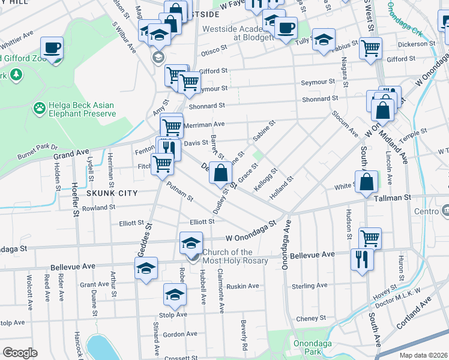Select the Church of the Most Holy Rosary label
click(235, 257)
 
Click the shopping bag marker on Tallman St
click(366, 181)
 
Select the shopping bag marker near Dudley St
click(221, 173)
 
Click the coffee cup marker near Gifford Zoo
click(52, 47)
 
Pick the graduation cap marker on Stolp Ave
click(175, 294)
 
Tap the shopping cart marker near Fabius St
click(370, 47)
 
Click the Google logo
click(20, 353)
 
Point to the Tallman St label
click(393, 197)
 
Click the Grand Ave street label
click(71, 154)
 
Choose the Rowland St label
click(99, 208)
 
